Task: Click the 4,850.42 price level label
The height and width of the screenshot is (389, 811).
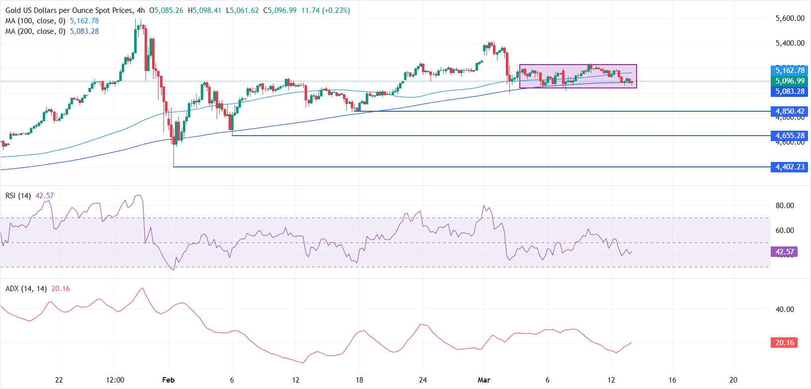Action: (790, 111)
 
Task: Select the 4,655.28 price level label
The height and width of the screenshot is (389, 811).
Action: (790, 136)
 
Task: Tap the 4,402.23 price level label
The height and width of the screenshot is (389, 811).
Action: (790, 167)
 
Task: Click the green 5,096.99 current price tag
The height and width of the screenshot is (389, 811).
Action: (790, 81)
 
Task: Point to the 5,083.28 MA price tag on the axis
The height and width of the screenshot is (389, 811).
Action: (790, 91)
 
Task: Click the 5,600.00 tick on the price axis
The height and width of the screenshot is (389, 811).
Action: (790, 18)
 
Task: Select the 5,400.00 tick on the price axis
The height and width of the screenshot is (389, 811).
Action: (790, 43)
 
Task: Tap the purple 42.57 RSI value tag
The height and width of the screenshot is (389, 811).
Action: (785, 252)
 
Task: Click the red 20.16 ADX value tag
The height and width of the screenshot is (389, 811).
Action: (784, 343)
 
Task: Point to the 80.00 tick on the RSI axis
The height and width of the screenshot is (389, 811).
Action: (785, 206)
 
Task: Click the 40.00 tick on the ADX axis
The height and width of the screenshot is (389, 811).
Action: (785, 310)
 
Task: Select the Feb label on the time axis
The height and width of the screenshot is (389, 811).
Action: (168, 380)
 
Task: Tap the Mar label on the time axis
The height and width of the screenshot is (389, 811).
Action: (484, 380)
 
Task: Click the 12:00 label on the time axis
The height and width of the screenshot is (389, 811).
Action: (115, 380)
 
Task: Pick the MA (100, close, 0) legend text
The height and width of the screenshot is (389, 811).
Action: (35, 21)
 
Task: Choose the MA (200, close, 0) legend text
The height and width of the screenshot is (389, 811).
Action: (35, 31)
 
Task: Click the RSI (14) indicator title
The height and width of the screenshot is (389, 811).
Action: (18, 196)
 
